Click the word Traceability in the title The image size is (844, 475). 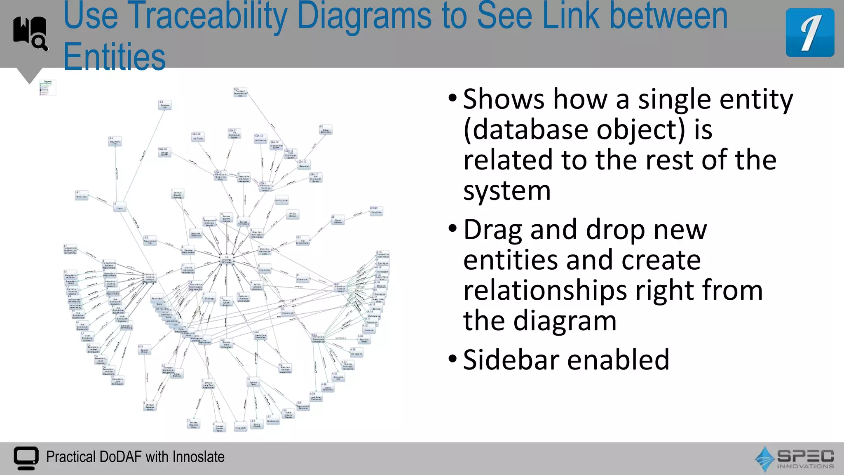[208, 16]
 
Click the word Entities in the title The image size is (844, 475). [114, 57]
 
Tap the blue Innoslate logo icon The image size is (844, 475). [809, 33]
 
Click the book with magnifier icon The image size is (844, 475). [30, 33]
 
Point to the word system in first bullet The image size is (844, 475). [506, 191]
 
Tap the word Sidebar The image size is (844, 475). [511, 360]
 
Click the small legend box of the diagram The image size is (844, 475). [47, 87]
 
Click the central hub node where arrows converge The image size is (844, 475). [227, 260]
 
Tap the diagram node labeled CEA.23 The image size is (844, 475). [198, 136]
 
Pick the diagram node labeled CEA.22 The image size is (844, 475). [164, 152]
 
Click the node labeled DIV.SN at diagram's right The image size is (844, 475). [375, 211]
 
